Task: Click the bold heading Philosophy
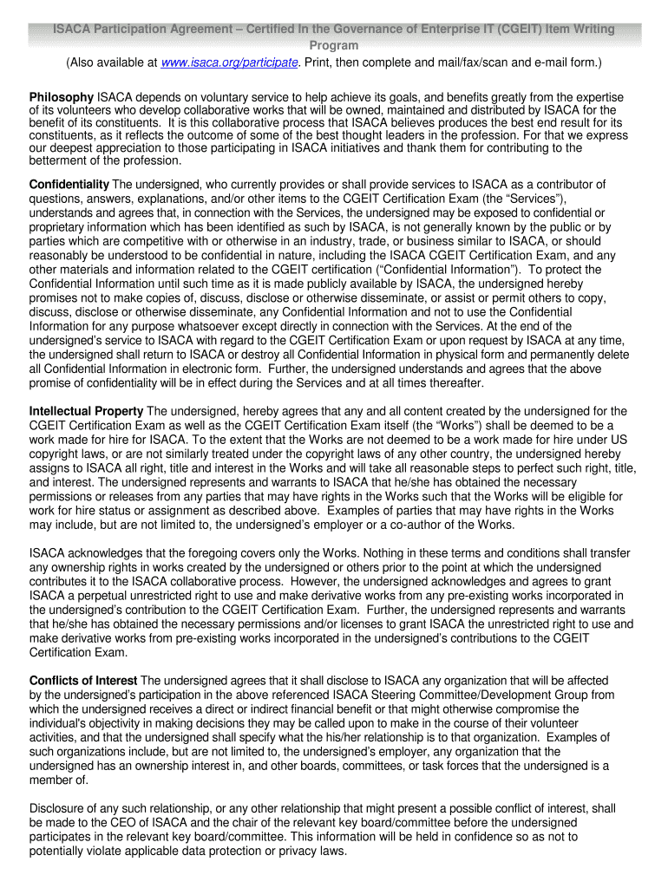61,96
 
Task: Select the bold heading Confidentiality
69,184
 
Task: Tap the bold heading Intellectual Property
87,410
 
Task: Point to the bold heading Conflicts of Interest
83,681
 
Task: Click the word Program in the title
334,45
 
